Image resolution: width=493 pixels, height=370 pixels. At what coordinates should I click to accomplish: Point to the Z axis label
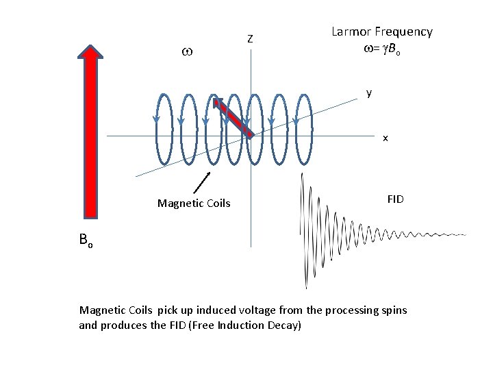[x=251, y=39]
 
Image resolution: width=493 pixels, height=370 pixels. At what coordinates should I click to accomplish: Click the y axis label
[x=369, y=92]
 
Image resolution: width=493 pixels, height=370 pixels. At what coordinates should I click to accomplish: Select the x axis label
[x=385, y=138]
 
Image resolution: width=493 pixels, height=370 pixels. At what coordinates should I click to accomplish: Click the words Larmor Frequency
[x=381, y=32]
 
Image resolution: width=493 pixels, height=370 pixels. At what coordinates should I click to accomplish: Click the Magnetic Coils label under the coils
[x=194, y=203]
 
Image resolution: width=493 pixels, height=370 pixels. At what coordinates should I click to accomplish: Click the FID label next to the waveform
[x=395, y=199]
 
